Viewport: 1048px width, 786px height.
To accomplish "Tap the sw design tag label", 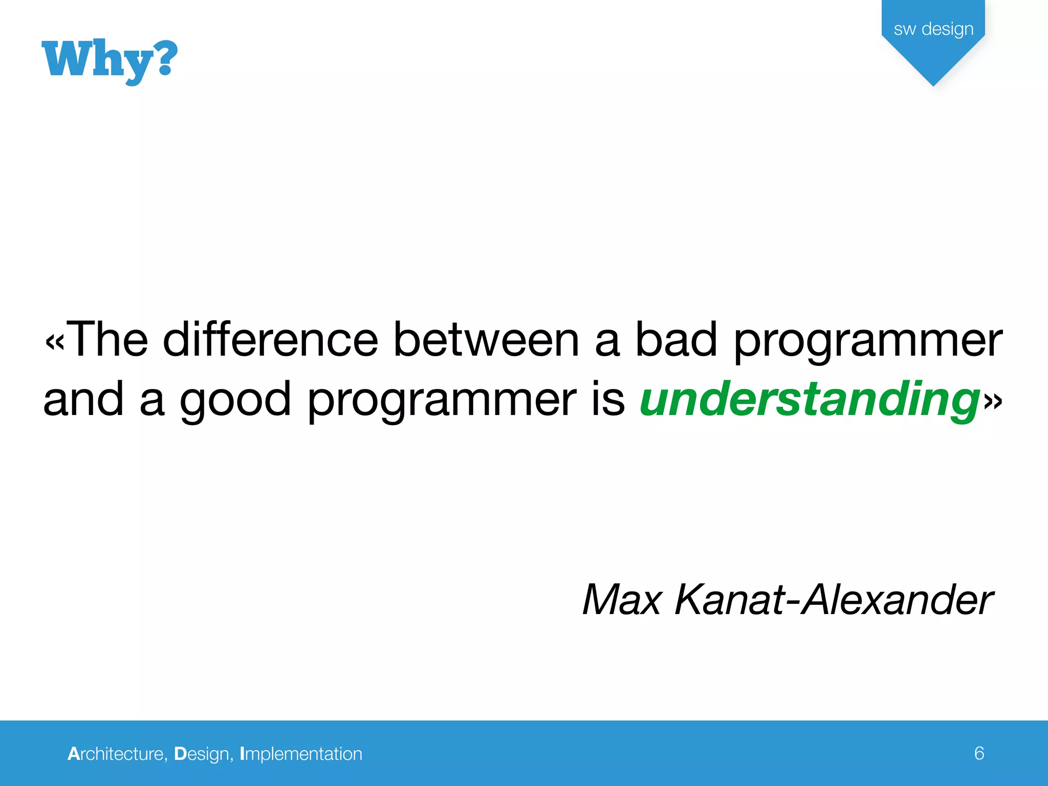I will click(933, 29).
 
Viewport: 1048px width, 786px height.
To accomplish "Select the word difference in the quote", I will click(270, 340).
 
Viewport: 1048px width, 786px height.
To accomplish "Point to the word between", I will click(486, 340).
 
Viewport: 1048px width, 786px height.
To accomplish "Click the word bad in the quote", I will click(675, 340).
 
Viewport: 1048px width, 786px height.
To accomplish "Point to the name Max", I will click(622, 600).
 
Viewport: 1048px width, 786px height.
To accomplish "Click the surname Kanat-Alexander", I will click(833, 600).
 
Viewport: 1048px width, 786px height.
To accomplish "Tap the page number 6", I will click(979, 753).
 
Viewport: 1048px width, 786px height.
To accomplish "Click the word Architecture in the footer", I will click(117, 754).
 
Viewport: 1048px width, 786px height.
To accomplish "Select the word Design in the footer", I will click(203, 754).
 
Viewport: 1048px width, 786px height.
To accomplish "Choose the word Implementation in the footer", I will click(301, 754).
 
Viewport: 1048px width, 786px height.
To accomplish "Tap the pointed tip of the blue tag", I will click(933, 84).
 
